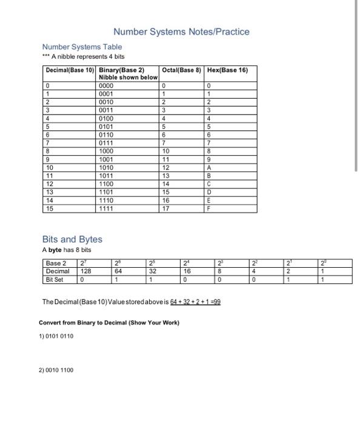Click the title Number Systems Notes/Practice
pos(181,31)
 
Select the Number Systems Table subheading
pos(82,47)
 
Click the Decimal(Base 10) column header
pos(70,70)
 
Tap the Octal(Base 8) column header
pos(181,70)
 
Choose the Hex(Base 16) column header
pos(227,70)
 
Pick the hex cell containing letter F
pos(208,208)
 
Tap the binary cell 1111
pos(107,208)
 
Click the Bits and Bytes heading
pos(72,239)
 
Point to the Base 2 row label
pos(56,263)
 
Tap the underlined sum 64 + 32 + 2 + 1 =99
pos(190,301)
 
